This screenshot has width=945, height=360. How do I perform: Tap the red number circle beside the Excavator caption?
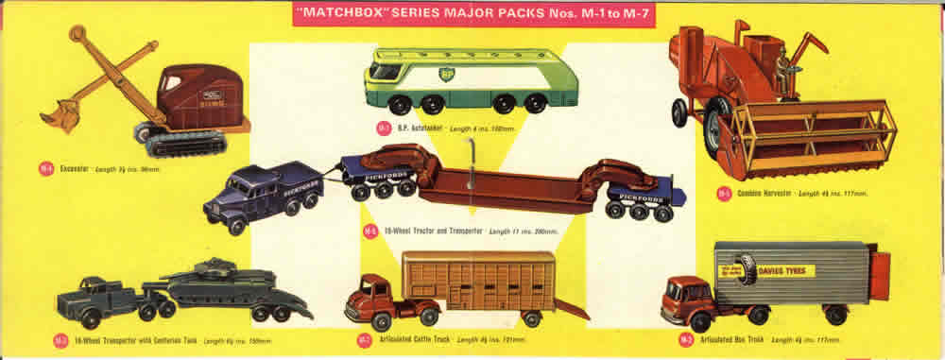tap(44, 169)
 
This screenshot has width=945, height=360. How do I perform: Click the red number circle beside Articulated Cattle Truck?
tap(364, 339)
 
